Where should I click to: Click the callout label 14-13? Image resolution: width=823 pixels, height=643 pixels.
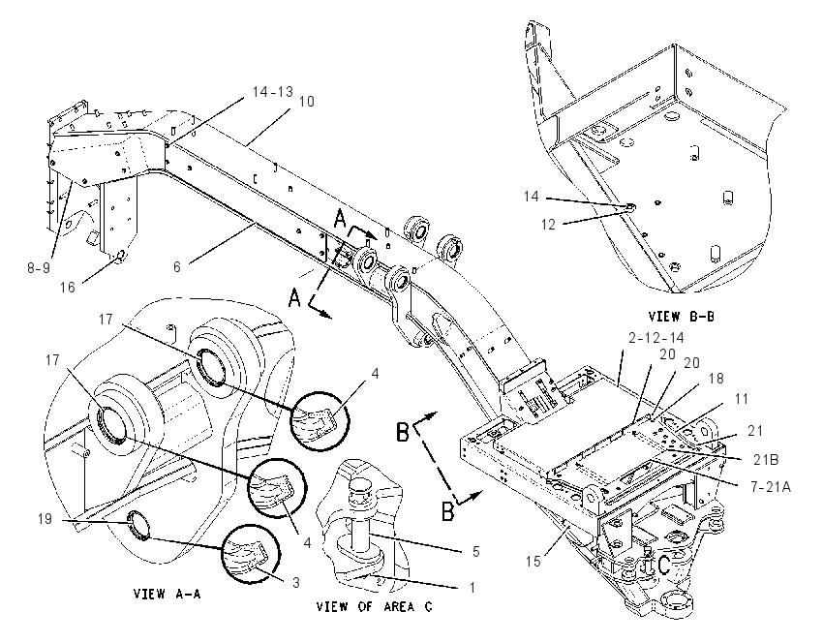(272, 91)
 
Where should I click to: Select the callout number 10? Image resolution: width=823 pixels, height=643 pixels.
(306, 102)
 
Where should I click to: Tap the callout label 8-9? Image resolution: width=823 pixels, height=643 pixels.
(39, 267)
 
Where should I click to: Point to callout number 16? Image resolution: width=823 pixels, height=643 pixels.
(67, 287)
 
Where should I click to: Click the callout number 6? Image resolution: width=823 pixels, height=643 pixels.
(177, 266)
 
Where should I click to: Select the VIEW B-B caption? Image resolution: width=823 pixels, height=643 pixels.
(681, 317)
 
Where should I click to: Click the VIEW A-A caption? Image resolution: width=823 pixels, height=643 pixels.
(167, 594)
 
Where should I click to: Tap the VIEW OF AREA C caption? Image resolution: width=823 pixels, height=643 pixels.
(375, 607)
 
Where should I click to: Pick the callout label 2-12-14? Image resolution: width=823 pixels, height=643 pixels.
(656, 338)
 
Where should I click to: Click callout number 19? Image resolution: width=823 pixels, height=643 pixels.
(45, 519)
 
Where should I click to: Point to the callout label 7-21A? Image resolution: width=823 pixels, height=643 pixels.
(770, 486)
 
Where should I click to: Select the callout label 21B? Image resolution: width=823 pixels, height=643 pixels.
(766, 459)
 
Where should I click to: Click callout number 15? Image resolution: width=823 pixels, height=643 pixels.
(533, 561)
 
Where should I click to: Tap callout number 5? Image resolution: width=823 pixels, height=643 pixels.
(475, 551)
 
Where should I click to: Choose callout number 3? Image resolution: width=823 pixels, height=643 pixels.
(296, 582)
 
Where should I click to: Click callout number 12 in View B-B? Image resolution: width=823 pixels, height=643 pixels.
(548, 224)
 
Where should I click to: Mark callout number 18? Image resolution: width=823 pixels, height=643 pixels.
(716, 379)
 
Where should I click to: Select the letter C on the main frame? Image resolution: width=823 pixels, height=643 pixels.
(663, 566)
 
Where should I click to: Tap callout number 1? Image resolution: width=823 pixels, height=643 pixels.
(472, 587)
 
